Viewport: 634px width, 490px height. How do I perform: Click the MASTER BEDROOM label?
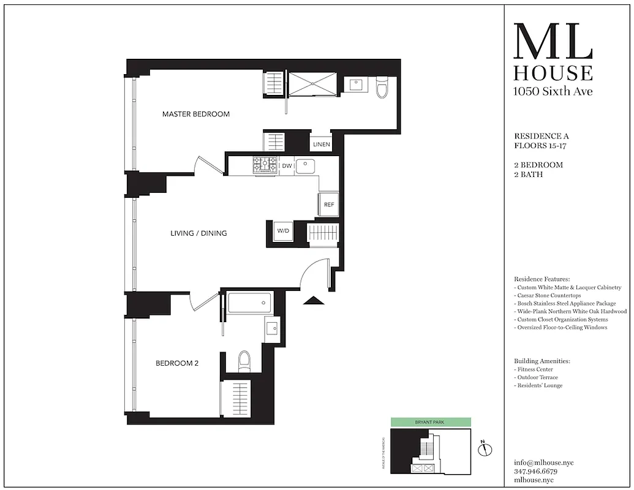[196, 114]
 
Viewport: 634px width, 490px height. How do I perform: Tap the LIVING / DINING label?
[198, 233]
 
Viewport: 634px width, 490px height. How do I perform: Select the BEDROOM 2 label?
[177, 363]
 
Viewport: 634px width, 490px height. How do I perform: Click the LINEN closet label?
[322, 145]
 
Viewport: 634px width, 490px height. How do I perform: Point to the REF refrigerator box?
[329, 205]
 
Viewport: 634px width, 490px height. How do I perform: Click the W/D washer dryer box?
[283, 232]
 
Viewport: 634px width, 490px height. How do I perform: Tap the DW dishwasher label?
[287, 166]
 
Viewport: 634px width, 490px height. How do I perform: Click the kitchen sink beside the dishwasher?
[306, 165]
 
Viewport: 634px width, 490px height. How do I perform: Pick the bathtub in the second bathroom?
[249, 303]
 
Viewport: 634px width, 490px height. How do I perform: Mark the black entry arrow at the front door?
[314, 300]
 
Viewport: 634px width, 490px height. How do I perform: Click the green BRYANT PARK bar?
[431, 423]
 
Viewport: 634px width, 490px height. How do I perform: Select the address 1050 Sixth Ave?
[553, 92]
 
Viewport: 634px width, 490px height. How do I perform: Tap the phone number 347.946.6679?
[535, 472]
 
